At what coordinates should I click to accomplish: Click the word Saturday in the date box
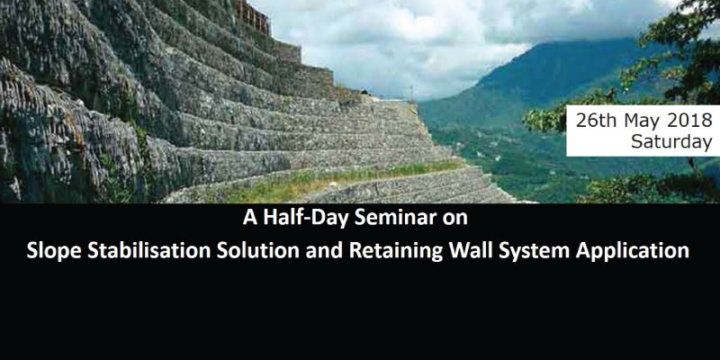(x=670, y=142)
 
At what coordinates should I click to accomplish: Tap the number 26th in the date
(x=597, y=121)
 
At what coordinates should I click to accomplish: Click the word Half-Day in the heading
(x=303, y=218)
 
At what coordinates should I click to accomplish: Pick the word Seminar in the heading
(x=394, y=218)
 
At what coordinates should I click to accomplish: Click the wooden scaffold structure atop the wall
(x=251, y=16)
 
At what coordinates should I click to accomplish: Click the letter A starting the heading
(x=250, y=218)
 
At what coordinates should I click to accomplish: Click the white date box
(x=643, y=130)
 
